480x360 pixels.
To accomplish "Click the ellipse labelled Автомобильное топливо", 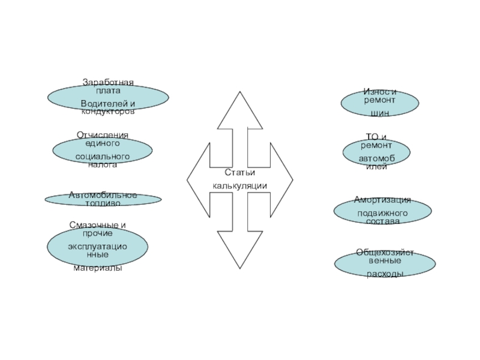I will pyautogui.click(x=103, y=199).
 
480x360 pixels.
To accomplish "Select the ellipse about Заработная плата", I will pyautogui.click(x=108, y=98).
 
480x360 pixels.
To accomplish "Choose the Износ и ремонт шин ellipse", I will pyautogui.click(x=379, y=103).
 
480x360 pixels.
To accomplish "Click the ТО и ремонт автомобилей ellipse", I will pyautogui.click(x=376, y=152).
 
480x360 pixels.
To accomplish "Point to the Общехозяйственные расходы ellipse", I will pyautogui.click(x=385, y=263).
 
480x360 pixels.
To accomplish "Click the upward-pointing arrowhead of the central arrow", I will pyautogui.click(x=239, y=111).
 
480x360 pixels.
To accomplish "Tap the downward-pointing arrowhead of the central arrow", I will pyautogui.click(x=239, y=249).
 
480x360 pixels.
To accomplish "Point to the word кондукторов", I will pyautogui.click(x=108, y=112).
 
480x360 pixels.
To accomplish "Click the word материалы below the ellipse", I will pyautogui.click(x=97, y=268).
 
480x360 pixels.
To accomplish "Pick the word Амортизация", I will pyautogui.click(x=382, y=200).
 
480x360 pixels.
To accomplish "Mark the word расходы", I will pyautogui.click(x=385, y=274).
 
